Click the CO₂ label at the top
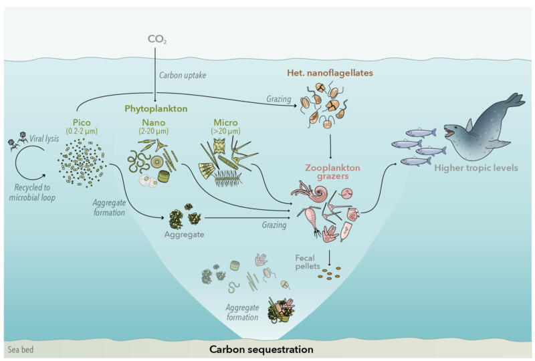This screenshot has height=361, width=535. (x=156, y=39)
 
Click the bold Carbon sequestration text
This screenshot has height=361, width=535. (x=261, y=349)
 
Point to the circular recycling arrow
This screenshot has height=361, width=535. (x=29, y=160)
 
